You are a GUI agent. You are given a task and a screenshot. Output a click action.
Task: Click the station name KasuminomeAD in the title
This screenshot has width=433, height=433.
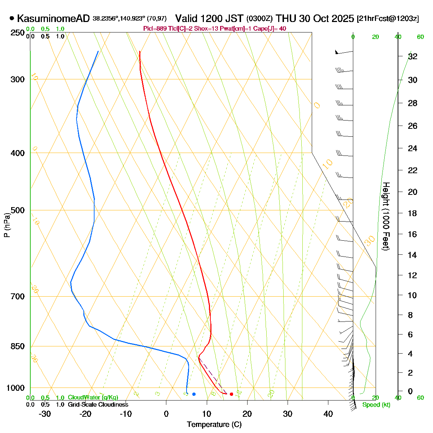(53, 18)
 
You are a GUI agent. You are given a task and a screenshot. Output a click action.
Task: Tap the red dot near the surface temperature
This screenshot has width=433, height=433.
(231, 394)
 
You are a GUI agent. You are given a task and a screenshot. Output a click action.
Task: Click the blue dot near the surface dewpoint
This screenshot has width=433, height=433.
(194, 394)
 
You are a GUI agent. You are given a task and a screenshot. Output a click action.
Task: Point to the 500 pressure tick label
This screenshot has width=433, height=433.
(18, 210)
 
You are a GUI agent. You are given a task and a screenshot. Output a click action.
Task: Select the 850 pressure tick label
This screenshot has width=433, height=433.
(18, 346)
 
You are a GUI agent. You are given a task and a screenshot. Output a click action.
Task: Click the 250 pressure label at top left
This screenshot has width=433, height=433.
(18, 33)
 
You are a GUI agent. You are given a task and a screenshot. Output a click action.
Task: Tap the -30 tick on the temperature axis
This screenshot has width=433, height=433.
(45, 414)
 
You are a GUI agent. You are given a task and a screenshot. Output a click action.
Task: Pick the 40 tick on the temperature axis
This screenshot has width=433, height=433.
(328, 414)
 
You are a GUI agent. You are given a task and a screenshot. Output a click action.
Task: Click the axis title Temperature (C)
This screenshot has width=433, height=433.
(214, 424)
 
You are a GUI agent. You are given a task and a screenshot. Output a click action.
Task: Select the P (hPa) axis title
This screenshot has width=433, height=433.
(6, 225)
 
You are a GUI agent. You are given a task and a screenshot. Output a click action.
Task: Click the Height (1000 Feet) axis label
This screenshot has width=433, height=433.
(386, 216)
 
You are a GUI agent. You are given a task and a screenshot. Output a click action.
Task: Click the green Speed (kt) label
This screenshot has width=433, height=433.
(376, 405)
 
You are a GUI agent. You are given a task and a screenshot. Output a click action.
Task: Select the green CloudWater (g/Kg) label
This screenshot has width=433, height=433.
(93, 398)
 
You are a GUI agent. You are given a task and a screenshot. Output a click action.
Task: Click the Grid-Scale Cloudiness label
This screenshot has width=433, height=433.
(98, 405)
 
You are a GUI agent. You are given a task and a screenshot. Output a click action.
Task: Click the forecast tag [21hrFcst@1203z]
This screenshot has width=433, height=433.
(388, 19)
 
